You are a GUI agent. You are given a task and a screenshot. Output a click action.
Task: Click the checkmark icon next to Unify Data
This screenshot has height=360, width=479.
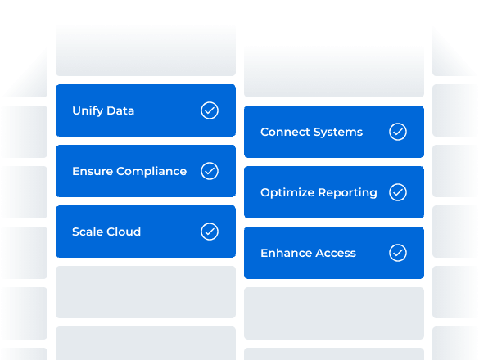point(210,110)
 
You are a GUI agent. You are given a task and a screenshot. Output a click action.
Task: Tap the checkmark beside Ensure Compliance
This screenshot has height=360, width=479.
point(210,171)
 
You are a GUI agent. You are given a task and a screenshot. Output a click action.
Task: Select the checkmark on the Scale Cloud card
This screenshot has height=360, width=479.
point(210,232)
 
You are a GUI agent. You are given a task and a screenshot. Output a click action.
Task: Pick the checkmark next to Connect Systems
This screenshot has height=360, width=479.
point(398,132)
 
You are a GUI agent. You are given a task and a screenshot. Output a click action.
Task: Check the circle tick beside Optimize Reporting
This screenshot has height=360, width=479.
point(398,192)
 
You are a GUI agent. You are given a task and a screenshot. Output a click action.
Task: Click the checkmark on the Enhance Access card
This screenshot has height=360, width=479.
point(398,253)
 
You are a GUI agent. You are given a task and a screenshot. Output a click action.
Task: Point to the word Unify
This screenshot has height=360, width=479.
point(87,110)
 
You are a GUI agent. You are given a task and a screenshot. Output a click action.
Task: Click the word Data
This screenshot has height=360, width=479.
point(120,110)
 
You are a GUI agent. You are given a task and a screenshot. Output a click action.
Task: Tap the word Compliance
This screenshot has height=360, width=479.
point(151,172)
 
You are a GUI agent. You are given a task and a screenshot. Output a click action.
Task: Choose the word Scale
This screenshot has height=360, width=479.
point(88,232)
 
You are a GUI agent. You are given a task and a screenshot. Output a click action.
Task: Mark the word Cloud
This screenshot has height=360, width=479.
point(124,232)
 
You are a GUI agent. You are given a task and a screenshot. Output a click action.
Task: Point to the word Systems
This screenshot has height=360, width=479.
point(338,133)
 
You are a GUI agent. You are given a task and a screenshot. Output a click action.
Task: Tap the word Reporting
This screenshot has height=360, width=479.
point(347,193)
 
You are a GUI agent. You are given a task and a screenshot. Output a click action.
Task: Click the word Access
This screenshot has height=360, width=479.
point(336,253)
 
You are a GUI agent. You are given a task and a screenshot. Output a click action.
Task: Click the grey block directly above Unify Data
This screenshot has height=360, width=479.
point(146,50)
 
